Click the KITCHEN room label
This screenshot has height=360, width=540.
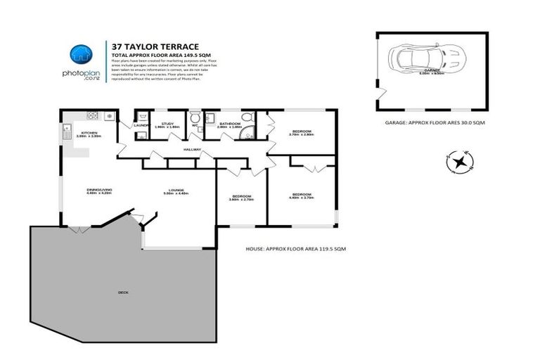pos(89,133)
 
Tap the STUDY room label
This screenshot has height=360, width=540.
pos(157,124)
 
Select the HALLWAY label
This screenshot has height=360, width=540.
pos(193,150)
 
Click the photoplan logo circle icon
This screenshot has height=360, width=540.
pos(81,55)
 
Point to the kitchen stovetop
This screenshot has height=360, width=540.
pos(92,115)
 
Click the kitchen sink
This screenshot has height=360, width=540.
pos(65,128)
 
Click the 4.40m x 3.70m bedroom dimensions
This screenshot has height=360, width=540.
pos(301,198)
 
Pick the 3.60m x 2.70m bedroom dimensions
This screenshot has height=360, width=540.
pos(240,200)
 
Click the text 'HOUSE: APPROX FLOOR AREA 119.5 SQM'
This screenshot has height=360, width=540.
pos(296,249)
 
